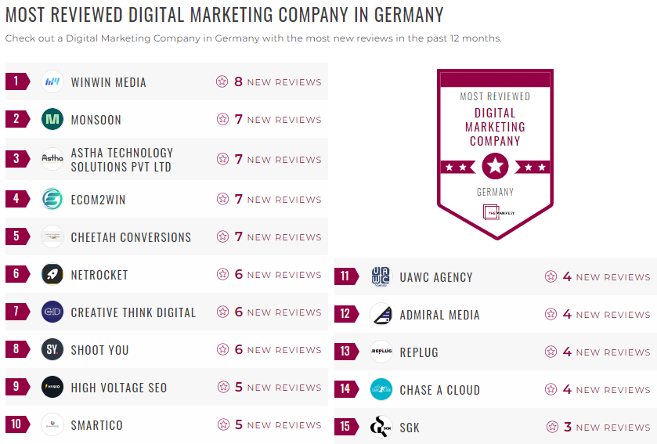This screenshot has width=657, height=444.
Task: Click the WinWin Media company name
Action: (x=108, y=82)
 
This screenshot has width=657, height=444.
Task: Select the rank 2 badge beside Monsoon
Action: (x=16, y=119)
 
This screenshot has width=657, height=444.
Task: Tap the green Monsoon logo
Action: (x=52, y=119)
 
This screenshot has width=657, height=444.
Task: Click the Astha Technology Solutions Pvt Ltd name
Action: (x=121, y=160)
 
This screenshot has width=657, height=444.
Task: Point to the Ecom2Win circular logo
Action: (x=52, y=200)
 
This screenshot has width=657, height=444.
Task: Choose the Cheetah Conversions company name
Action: (x=131, y=237)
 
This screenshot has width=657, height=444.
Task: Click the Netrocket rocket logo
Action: (x=52, y=275)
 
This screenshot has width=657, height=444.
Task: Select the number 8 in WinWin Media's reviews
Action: (x=238, y=81)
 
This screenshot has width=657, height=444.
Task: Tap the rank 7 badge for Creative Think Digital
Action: (x=16, y=312)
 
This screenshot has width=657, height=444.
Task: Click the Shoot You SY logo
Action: (x=52, y=349)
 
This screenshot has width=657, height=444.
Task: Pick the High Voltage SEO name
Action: (x=118, y=388)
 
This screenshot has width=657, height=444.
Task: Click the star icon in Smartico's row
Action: (x=222, y=425)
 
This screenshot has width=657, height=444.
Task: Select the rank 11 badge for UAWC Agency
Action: (x=345, y=276)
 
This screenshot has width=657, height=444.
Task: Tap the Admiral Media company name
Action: (x=439, y=315)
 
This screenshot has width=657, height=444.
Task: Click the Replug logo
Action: (x=381, y=352)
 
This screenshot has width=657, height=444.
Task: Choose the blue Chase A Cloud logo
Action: (x=381, y=389)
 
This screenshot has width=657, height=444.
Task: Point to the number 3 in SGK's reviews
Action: (x=568, y=428)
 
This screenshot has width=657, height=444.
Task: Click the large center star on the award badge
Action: (x=495, y=166)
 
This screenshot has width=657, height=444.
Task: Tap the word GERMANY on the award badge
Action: (x=495, y=192)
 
